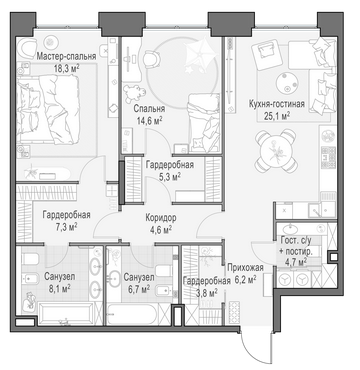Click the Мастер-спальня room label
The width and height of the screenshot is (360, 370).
pyautogui.click(x=66, y=56)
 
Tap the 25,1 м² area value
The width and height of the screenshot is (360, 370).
pyautogui.click(x=276, y=116)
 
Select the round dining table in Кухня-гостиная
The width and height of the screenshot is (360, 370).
pyautogui.click(x=276, y=150)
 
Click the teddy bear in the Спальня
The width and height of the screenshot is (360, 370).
pyautogui.click(x=135, y=93)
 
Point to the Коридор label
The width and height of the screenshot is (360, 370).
pyautogui.click(x=161, y=218)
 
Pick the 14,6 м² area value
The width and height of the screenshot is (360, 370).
pyautogui.click(x=149, y=120)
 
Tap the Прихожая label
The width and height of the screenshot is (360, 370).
pyautogui.click(x=245, y=267)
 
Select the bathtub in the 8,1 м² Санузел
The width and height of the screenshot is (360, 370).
pyautogui.click(x=65, y=313)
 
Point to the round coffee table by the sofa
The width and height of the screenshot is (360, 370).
pyautogui.click(x=286, y=82)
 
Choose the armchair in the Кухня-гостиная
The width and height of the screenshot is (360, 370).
pyautogui.click(x=265, y=53)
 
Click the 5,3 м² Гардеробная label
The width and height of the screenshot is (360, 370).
pyautogui.click(x=170, y=170)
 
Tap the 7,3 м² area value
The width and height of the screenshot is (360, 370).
pyautogui.click(x=65, y=227)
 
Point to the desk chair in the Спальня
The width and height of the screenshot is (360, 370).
pyautogui.click(x=152, y=58)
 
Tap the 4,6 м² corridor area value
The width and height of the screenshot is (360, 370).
pyautogui.click(x=160, y=229)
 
